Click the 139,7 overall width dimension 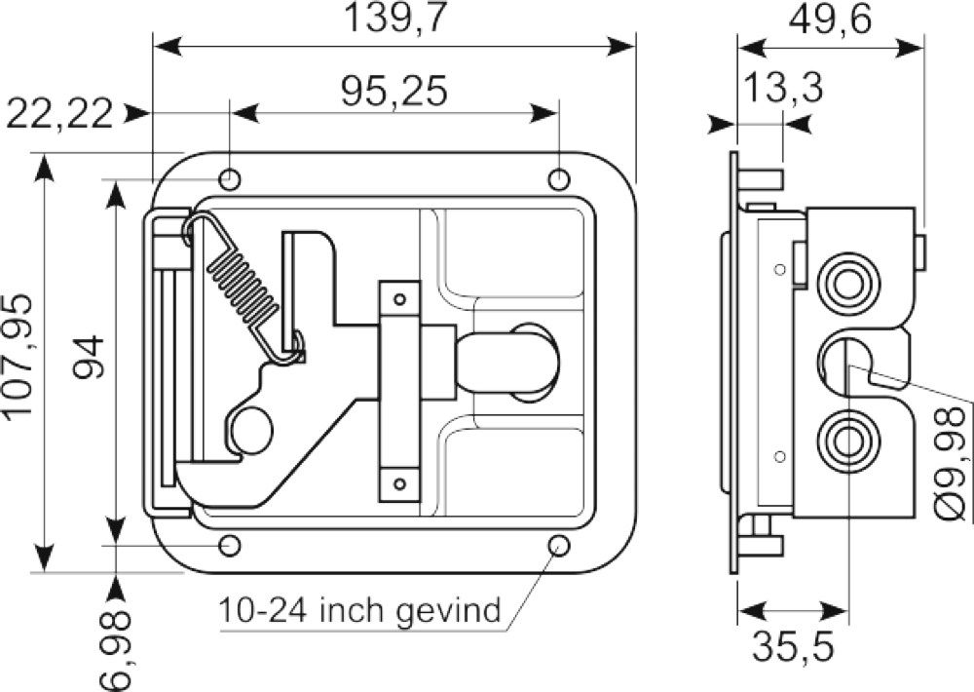click(x=395, y=19)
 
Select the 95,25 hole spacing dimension click(x=393, y=92)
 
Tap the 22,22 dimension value click(x=60, y=114)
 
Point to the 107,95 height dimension click(x=18, y=356)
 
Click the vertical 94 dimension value click(x=89, y=357)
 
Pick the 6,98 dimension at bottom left click(x=116, y=650)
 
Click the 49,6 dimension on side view click(x=830, y=19)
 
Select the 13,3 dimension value click(x=783, y=88)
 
